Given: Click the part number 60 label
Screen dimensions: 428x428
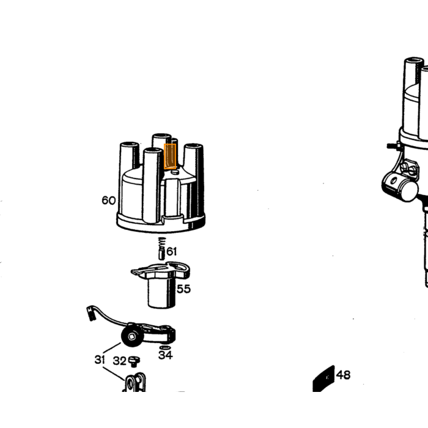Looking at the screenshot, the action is click(x=108, y=201).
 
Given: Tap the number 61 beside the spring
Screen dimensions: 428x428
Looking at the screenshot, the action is click(x=171, y=251).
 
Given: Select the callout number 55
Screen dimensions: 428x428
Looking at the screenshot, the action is click(x=183, y=289).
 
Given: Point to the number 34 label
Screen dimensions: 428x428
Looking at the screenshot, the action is click(x=166, y=355).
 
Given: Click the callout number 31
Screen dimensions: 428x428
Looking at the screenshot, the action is click(x=100, y=360).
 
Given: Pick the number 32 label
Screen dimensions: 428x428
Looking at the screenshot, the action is click(x=120, y=361).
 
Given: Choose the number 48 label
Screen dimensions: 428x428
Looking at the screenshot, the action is click(x=343, y=375).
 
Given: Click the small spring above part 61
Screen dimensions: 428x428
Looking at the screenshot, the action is click(x=162, y=242).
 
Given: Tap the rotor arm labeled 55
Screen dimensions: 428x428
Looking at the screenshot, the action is click(x=161, y=284).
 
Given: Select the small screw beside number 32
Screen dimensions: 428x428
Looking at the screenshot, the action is click(x=134, y=361).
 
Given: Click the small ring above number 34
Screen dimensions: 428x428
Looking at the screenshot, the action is click(x=165, y=347).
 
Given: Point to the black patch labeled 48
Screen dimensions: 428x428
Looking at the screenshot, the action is click(x=323, y=378).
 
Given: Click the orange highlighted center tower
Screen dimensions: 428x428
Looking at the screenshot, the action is click(x=170, y=157).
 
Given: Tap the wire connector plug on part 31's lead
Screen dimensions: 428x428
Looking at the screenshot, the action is click(x=90, y=313).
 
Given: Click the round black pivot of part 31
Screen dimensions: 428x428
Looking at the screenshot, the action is click(x=132, y=336).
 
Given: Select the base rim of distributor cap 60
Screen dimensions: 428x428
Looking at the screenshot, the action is click(x=161, y=223).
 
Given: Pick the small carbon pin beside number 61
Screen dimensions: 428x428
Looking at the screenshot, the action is click(x=161, y=253).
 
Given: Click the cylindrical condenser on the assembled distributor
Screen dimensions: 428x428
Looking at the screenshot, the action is click(x=400, y=184).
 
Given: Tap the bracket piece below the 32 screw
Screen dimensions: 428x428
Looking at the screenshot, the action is click(x=135, y=382).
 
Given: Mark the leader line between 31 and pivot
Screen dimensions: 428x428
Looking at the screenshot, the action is click(x=112, y=348).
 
